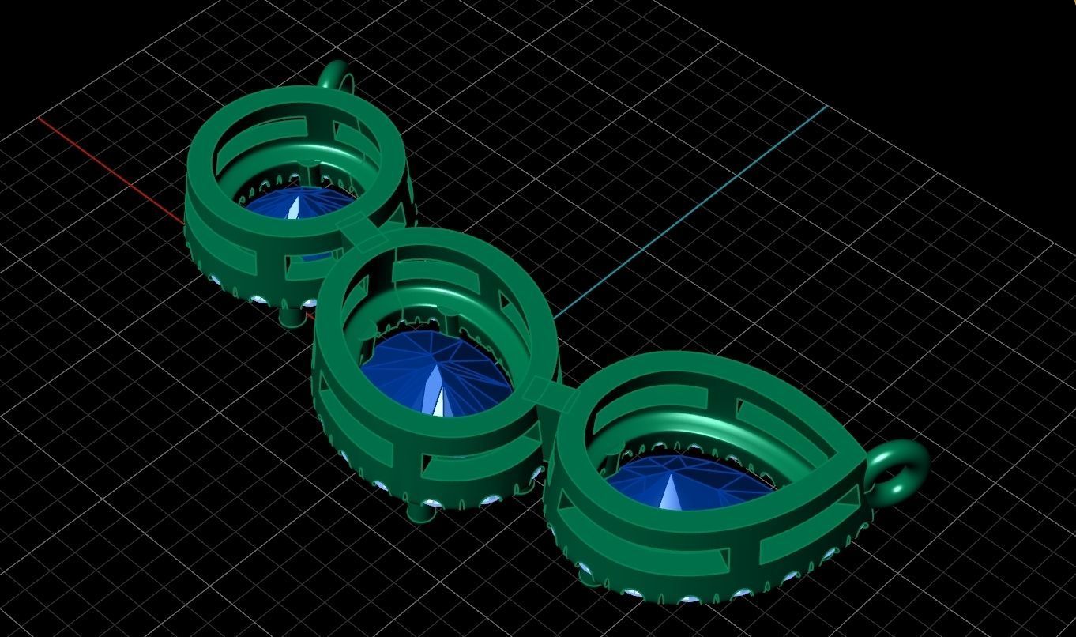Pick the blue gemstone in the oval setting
click(431, 371)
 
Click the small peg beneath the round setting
click(292, 317)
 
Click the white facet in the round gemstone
click(295, 207)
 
